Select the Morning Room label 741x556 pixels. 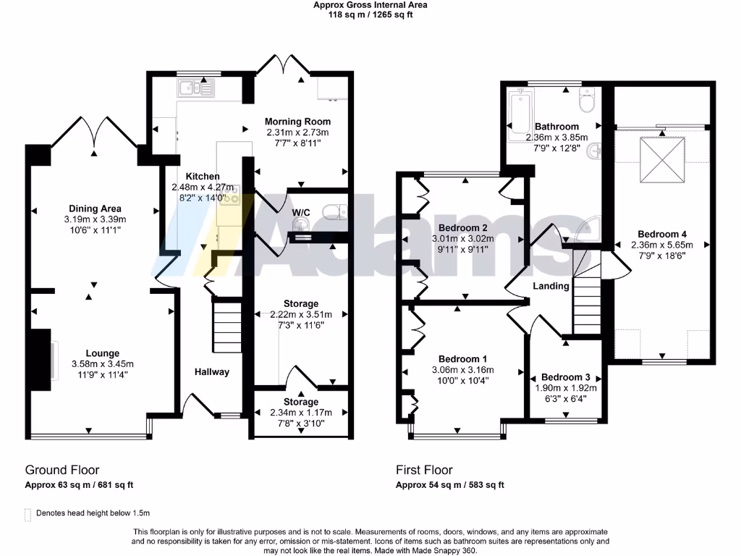click(297, 122)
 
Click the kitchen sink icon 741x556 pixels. click(194, 89)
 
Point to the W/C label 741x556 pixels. click(301, 212)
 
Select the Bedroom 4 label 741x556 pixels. click(662, 234)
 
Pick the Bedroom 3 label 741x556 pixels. click(566, 377)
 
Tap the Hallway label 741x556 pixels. click(211, 371)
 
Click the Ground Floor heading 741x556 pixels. click(62, 470)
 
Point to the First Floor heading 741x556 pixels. click(426, 470)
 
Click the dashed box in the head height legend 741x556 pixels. click(28, 514)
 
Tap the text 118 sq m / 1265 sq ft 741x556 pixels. click(370, 14)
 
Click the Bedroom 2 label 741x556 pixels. click(460, 227)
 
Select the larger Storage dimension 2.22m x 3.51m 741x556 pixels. click(300, 315)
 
